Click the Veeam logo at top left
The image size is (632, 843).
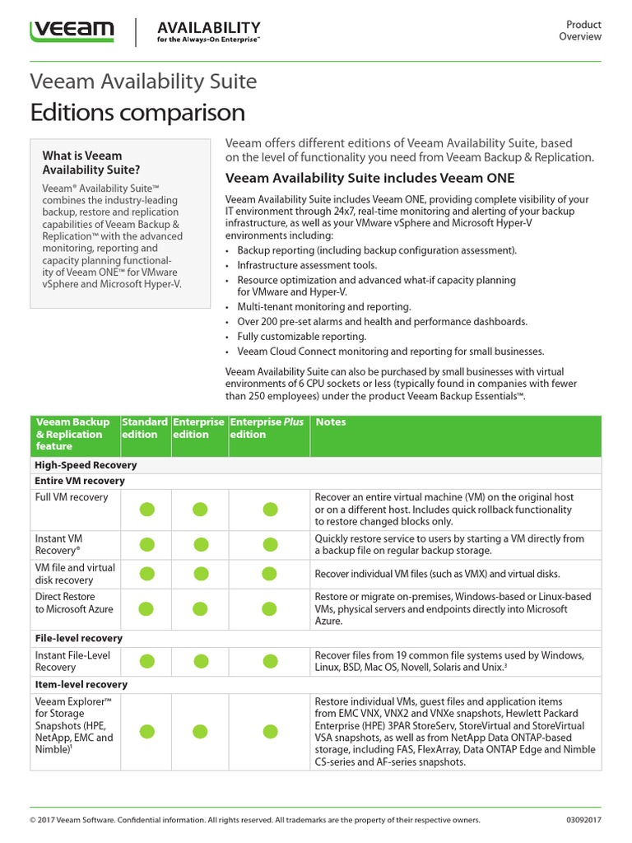click(x=72, y=31)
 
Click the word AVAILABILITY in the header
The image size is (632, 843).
click(x=209, y=27)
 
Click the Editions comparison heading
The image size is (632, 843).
click(x=137, y=112)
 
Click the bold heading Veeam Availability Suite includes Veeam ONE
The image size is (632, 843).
click(x=369, y=178)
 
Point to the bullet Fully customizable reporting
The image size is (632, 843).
click(x=302, y=337)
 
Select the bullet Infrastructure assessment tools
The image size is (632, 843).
click(x=307, y=265)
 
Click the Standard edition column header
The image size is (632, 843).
click(x=145, y=428)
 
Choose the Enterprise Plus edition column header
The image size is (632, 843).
click(x=267, y=428)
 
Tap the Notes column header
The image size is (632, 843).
click(x=331, y=422)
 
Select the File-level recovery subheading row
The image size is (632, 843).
click(x=78, y=638)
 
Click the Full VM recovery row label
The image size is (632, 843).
click(x=72, y=497)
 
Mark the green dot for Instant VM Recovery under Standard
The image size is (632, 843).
click(x=146, y=544)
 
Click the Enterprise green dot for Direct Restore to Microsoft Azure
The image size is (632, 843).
click(x=200, y=609)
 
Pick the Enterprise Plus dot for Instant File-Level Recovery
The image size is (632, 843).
click(x=270, y=661)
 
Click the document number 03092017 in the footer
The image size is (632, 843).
click(x=583, y=820)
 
